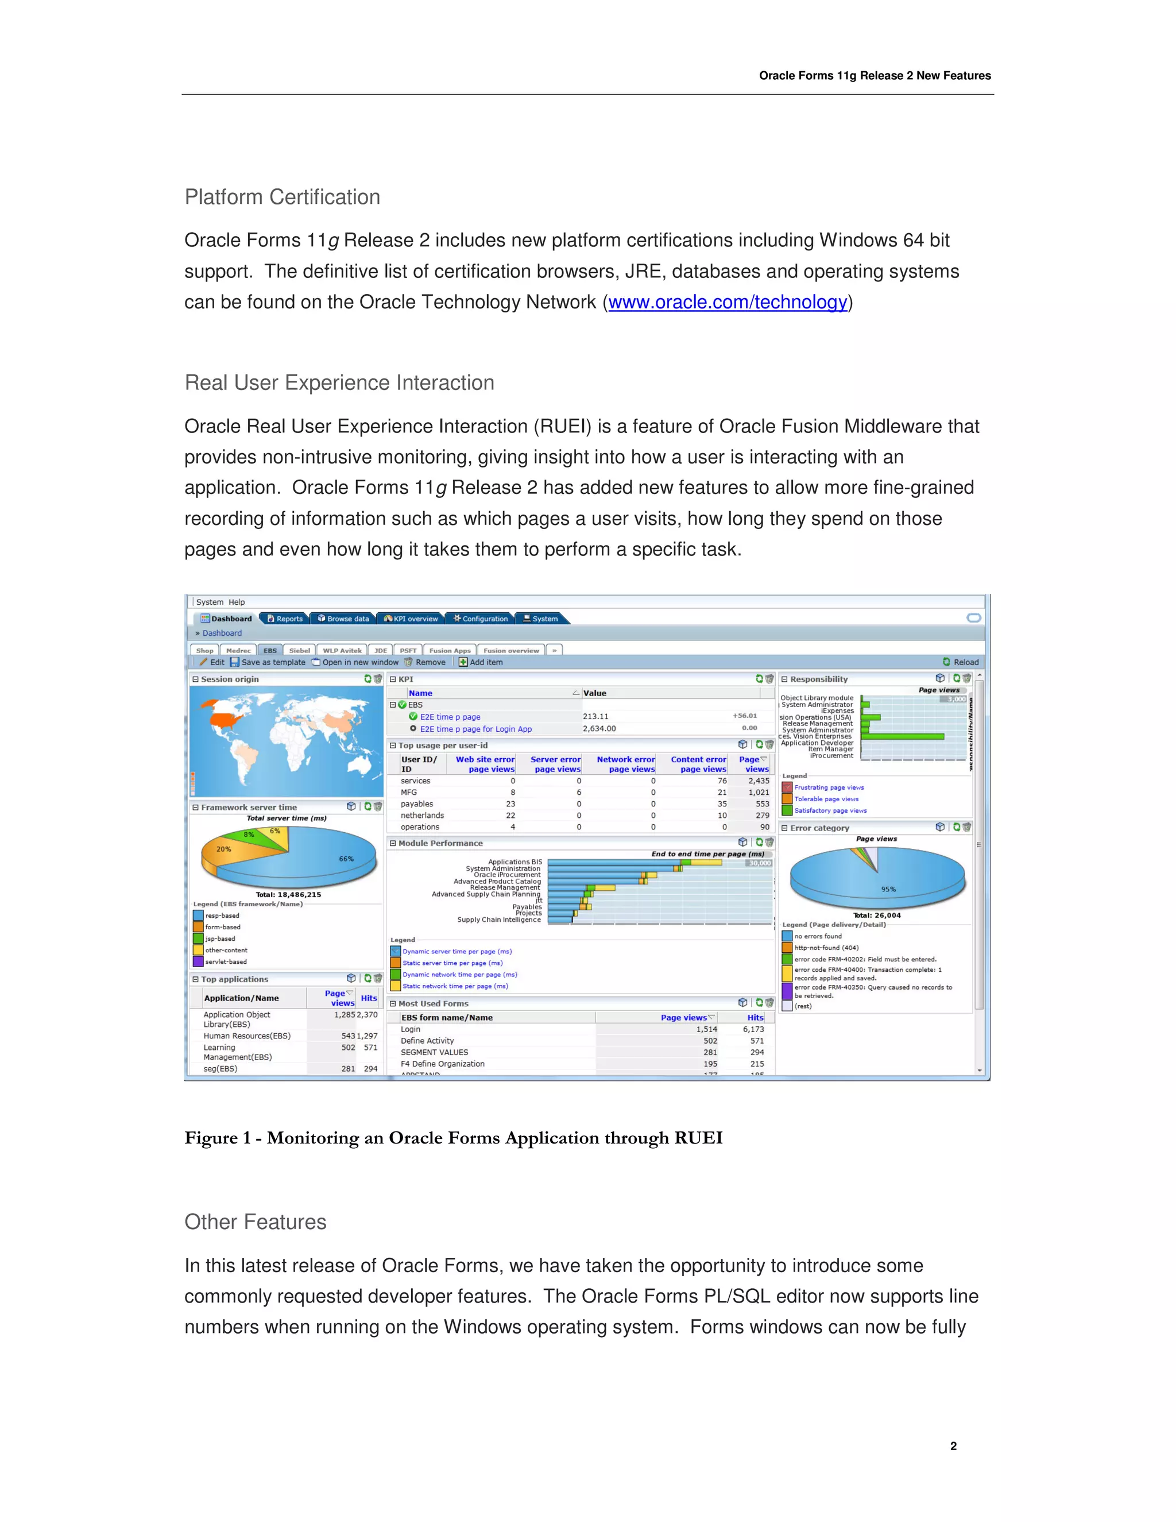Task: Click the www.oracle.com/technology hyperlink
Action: click(x=728, y=303)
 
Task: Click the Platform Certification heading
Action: click(x=282, y=197)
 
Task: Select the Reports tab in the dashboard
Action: click(x=285, y=619)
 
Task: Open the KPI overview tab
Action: click(x=412, y=619)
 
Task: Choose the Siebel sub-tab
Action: click(x=300, y=650)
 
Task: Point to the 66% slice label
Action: click(x=346, y=859)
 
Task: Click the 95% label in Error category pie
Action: click(x=888, y=889)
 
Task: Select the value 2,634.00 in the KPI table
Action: click(x=599, y=729)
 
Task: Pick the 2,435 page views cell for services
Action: click(x=759, y=781)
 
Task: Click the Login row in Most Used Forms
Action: click(x=411, y=1029)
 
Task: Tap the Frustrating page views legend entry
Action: click(x=829, y=787)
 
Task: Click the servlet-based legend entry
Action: click(x=226, y=961)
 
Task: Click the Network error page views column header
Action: click(x=626, y=764)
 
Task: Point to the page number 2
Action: click(x=953, y=1446)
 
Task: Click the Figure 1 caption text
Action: click(x=453, y=1138)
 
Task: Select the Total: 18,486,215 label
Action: click(x=288, y=895)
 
